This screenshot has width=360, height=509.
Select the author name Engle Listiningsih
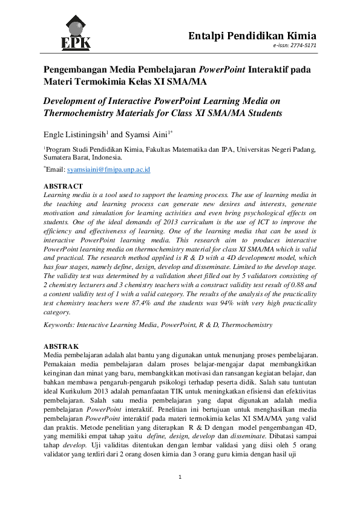(x=74, y=135)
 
